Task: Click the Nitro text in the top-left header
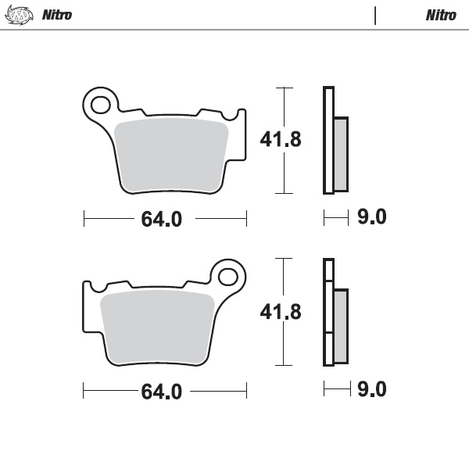[x=57, y=15]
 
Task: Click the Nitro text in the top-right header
[x=442, y=15]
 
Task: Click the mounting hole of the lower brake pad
[x=228, y=276]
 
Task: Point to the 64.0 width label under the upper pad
[x=161, y=219]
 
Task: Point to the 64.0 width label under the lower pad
[x=161, y=392]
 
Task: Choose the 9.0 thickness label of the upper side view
[x=371, y=217]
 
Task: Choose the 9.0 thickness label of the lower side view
[x=371, y=388]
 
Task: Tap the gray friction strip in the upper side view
[x=342, y=154]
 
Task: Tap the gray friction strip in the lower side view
[x=341, y=326]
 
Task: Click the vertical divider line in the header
[x=375, y=15]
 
